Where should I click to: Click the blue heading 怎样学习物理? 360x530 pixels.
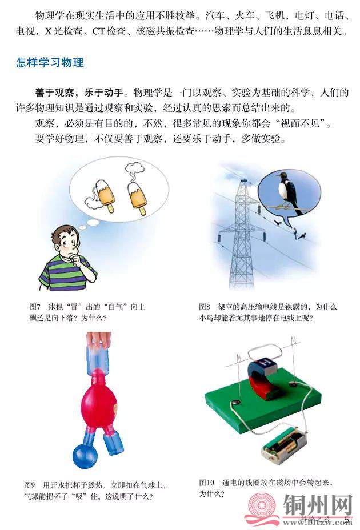pos(50,62)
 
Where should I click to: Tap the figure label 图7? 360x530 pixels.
pos(35,307)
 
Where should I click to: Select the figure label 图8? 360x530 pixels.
pos(205,307)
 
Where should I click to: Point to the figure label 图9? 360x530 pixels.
pos(30,485)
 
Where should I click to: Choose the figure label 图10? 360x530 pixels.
pos(207,483)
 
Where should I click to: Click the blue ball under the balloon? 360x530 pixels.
pos(85,456)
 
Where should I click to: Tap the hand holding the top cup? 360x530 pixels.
pos(98,340)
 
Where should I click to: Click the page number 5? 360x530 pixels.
pos(346,519)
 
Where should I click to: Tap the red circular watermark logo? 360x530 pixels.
pos(261,506)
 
